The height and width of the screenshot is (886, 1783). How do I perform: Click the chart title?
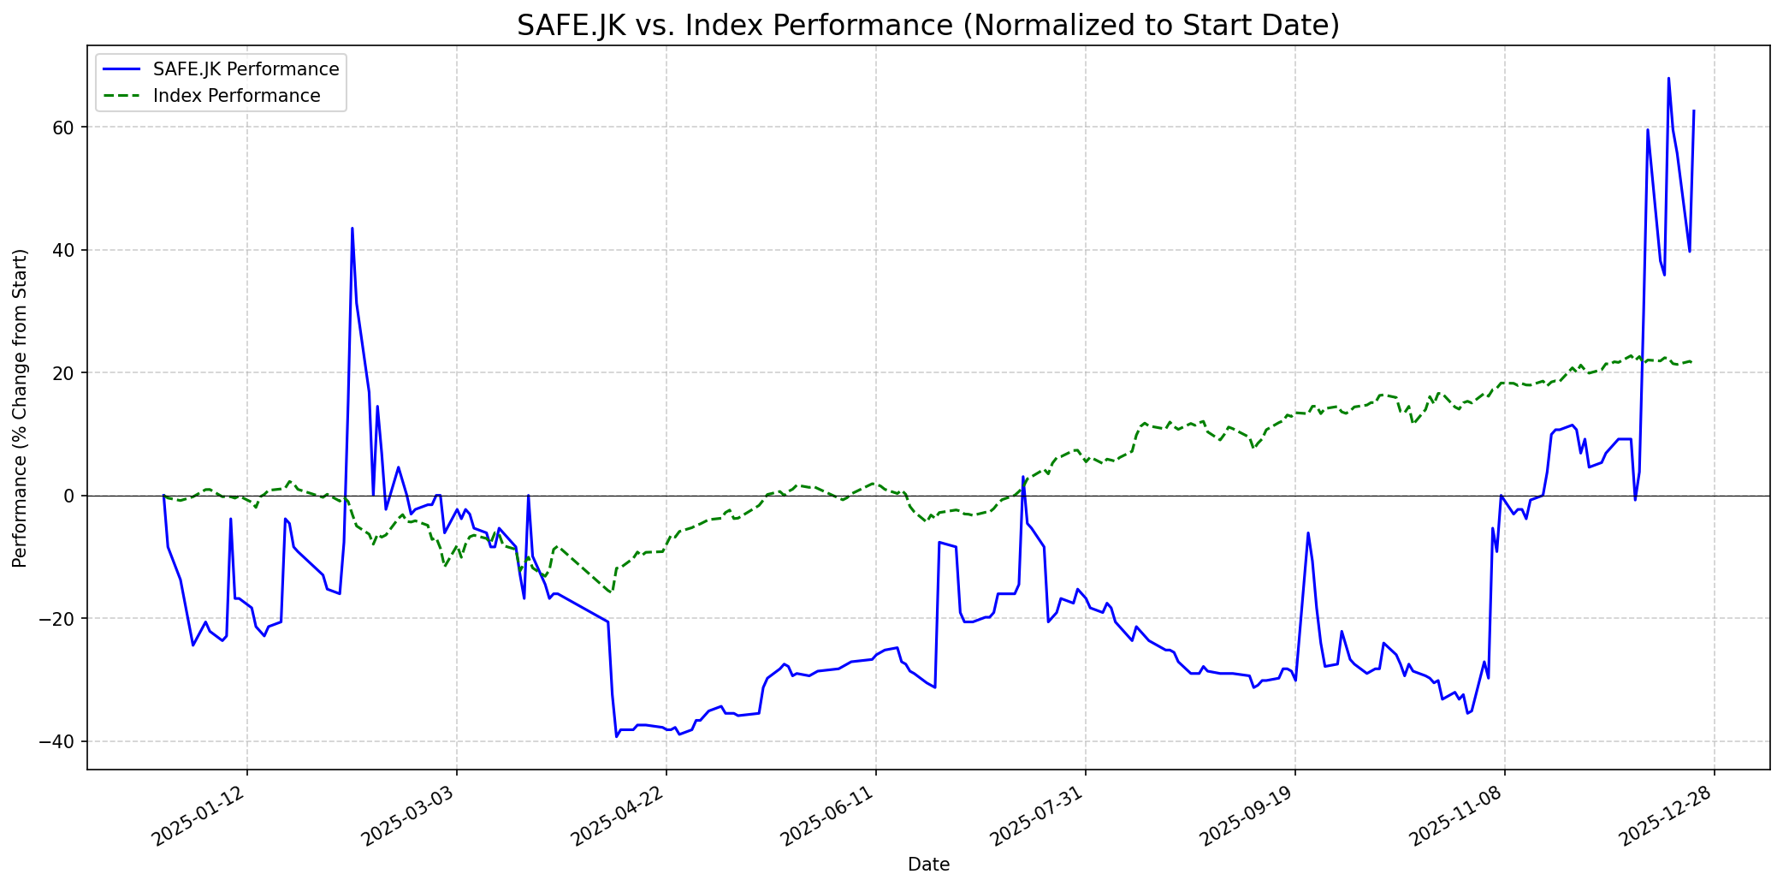click(x=927, y=26)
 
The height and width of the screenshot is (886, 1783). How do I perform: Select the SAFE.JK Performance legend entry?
click(x=246, y=69)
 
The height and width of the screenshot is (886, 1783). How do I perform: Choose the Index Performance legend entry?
click(x=236, y=96)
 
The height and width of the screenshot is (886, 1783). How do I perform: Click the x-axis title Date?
click(x=928, y=865)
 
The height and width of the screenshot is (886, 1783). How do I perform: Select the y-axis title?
click(x=21, y=407)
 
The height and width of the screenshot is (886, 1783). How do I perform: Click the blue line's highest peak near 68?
click(x=1668, y=79)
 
